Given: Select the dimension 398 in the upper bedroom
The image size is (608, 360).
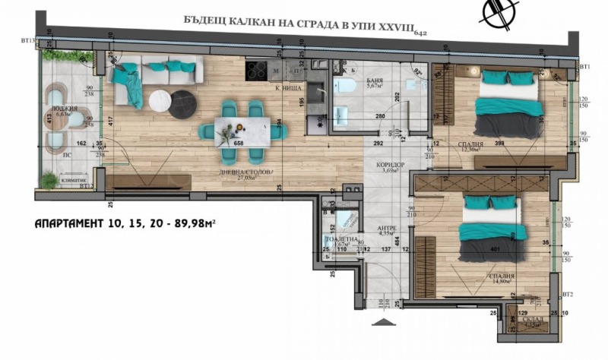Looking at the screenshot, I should (x=499, y=142).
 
